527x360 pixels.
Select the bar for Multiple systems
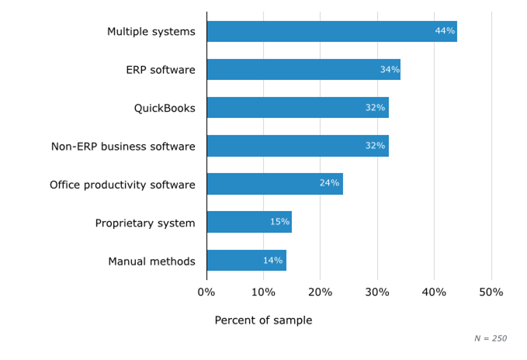(x=331, y=31)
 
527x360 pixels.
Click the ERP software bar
(x=303, y=70)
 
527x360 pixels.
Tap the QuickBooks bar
(x=297, y=108)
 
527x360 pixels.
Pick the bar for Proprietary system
(x=248, y=222)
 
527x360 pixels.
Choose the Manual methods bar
(x=246, y=261)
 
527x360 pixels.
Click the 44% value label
(x=445, y=31)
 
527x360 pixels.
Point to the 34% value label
(x=390, y=70)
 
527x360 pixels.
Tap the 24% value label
(x=329, y=184)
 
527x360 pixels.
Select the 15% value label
(x=279, y=222)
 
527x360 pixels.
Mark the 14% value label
(x=272, y=261)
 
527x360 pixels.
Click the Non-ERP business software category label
(x=123, y=147)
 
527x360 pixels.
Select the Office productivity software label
(x=123, y=185)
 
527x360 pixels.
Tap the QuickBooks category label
(x=165, y=109)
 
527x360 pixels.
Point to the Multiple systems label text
(x=151, y=32)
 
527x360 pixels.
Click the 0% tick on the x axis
(x=206, y=292)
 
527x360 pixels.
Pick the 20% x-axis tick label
(x=320, y=292)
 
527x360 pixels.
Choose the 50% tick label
(x=491, y=292)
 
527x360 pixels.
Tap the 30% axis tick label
(x=377, y=292)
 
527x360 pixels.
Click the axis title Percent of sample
(x=263, y=320)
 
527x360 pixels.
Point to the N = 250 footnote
(x=491, y=338)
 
